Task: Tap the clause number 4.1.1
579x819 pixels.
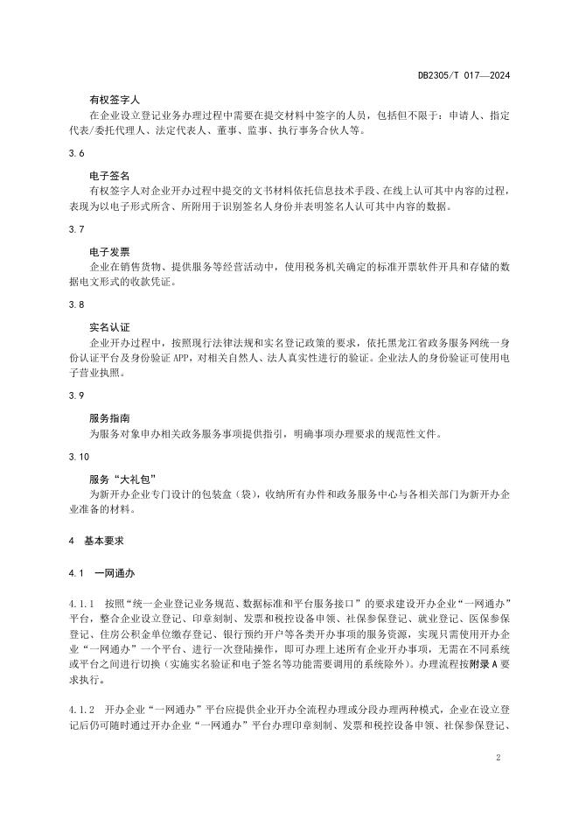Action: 82,605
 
